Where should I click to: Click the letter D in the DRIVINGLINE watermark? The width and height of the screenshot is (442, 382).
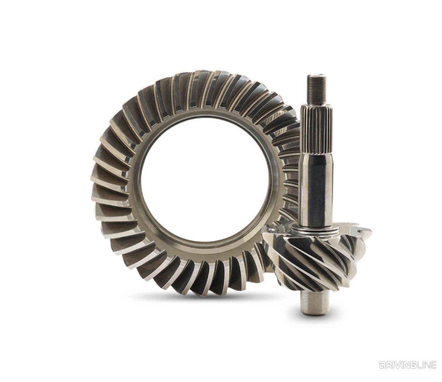pos(383,365)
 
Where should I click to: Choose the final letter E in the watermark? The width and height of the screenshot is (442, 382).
pos(434,365)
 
